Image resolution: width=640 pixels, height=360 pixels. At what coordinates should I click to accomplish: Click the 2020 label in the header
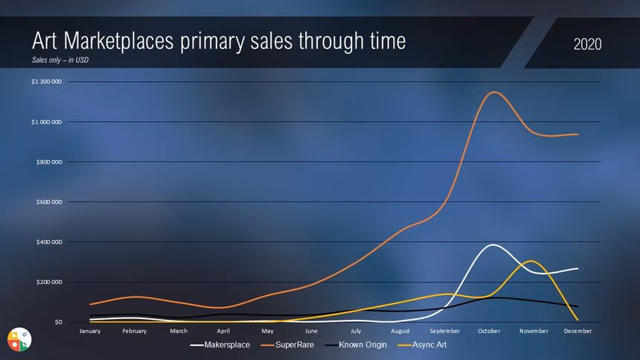pos(587,45)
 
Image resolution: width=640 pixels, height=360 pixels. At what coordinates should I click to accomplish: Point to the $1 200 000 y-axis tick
pos(46,82)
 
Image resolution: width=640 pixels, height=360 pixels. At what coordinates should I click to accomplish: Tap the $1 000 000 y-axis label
pos(46,122)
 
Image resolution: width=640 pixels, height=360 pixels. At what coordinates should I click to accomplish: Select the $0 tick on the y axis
pos(57,323)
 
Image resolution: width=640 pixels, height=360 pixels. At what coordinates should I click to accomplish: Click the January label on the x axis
pos(89,331)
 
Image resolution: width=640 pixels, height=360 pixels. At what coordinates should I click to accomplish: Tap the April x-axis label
pos(223,331)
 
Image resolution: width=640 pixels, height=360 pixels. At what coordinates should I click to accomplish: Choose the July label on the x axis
pos(356,331)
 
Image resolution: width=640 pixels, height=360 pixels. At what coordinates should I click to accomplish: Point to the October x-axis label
pos(489,331)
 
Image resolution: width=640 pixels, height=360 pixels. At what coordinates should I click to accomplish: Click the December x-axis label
pos(577,331)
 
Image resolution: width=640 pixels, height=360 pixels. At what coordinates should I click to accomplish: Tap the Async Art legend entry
pos(426,345)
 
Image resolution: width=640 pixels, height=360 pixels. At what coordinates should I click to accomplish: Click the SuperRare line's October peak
pos(493,92)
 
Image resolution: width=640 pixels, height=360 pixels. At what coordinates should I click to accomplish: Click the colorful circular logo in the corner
pos(19,338)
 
